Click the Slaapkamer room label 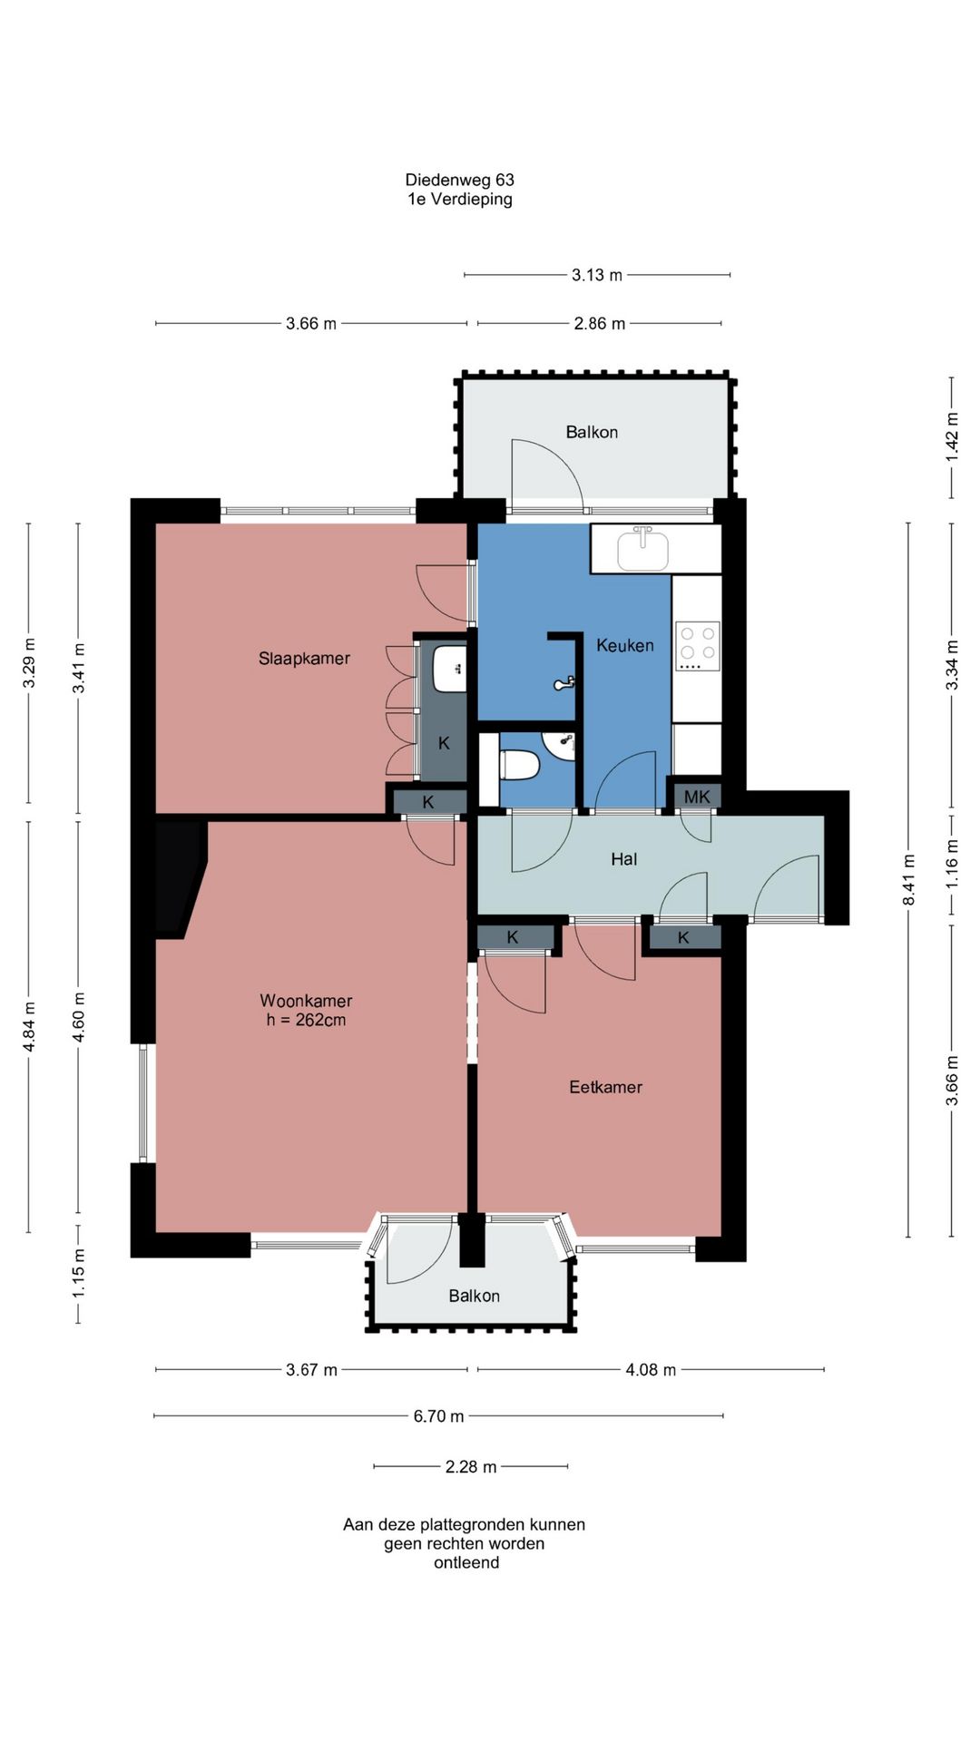[304, 659]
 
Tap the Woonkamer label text [306, 1001]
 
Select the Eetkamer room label [605, 1087]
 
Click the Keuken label [625, 645]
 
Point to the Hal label [624, 859]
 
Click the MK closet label [697, 797]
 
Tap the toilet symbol [520, 765]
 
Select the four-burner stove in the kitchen [698, 646]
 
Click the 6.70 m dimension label [439, 1416]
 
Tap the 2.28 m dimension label [471, 1467]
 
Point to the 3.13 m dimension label [597, 275]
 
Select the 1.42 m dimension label [952, 437]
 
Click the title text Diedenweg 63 [460, 180]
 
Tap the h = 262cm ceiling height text [306, 1020]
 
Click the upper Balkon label [592, 432]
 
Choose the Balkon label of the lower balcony [475, 1296]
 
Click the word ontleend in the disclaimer [466, 1562]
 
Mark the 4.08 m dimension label [651, 1370]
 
